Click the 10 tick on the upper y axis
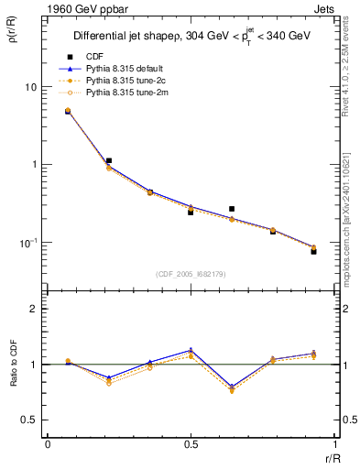[30, 87]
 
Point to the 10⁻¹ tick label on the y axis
[28, 243]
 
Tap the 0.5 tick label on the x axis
[191, 445]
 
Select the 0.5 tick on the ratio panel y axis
[30, 420]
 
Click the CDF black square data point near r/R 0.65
[232, 209]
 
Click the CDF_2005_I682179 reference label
[191, 273]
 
